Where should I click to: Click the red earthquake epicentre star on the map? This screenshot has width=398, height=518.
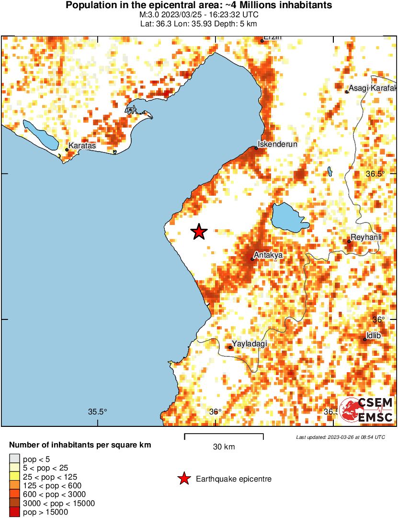coord(199,232)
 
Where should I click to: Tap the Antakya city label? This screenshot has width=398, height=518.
coord(268,255)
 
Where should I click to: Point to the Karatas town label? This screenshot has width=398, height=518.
coord(82,145)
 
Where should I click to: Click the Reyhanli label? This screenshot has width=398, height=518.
coord(366,237)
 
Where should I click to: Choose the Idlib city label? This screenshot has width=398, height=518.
coord(374,335)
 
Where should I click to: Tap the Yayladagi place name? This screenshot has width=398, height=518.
coord(249,344)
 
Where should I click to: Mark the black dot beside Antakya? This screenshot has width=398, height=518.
coord(252,259)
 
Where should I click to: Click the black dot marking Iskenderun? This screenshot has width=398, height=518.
coord(256,148)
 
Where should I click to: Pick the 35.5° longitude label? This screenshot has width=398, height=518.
coord(97,412)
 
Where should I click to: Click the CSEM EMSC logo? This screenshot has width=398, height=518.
coord(366,410)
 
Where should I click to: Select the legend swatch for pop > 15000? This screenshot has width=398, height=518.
coord(15,512)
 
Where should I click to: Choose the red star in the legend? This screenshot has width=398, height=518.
coord(183,479)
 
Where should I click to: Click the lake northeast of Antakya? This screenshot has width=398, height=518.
coord(288,217)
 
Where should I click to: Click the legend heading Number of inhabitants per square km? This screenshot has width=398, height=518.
coord(80,445)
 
